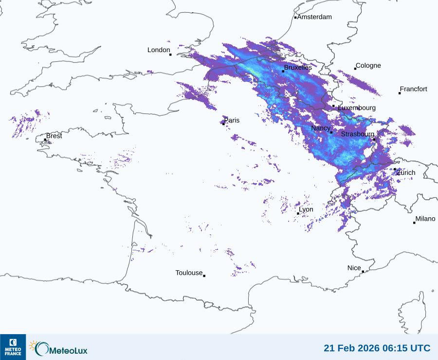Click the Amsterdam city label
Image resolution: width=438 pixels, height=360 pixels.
[x=314, y=17]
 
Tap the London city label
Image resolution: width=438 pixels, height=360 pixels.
[x=159, y=50]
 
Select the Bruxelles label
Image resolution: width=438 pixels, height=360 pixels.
[x=298, y=68]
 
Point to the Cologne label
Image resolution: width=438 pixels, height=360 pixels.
[x=368, y=66]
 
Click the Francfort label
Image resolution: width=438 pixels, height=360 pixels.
[x=413, y=89]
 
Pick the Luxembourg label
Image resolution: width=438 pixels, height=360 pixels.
[x=357, y=108]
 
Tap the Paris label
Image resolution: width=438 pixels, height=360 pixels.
[x=232, y=120]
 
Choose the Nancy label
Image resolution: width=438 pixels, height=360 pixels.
[x=321, y=128]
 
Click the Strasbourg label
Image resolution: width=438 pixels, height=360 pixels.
[x=358, y=134]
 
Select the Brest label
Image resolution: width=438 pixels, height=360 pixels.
[x=54, y=136]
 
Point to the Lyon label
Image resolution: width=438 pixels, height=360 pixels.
[x=306, y=209]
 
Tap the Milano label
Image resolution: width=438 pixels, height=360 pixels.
[x=425, y=219]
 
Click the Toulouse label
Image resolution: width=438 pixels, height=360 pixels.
[x=189, y=273]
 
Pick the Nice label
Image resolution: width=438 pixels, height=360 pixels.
[x=354, y=268]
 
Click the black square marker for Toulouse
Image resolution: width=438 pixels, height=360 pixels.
[x=204, y=276]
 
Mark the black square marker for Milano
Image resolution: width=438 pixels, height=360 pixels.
[x=414, y=223]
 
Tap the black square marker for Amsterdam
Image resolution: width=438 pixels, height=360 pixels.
[x=295, y=18]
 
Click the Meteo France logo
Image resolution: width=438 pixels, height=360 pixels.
[x=13, y=346]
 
